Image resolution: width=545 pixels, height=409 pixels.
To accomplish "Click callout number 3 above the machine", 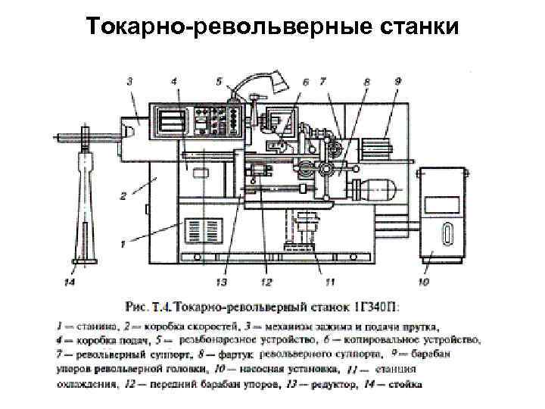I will click(129, 80).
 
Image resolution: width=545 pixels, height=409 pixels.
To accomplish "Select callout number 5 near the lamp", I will click(219, 79).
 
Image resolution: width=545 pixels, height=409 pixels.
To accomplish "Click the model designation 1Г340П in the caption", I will click(376, 306).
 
